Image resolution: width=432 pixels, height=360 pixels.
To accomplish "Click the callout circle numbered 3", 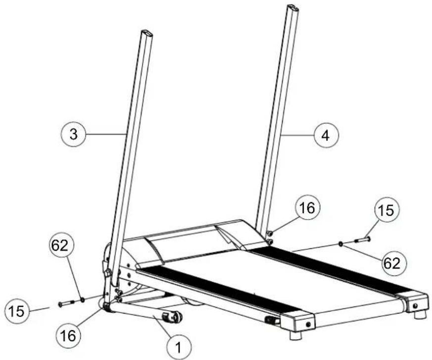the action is [73, 135].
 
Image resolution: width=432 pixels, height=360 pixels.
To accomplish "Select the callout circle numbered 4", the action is [326, 135].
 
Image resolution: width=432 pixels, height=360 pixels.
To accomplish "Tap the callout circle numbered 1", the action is [179, 347].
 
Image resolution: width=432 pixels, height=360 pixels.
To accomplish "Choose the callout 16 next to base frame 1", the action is [68, 335].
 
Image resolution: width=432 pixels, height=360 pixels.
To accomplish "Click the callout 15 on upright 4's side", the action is [386, 211].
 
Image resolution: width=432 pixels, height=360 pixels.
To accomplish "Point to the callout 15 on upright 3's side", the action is [16, 311].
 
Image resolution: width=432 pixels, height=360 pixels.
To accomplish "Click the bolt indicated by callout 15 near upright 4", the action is [362, 240].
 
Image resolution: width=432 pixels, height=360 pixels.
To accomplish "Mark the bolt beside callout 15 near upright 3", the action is [67, 303].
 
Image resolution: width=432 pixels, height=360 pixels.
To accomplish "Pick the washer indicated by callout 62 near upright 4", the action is [341, 244].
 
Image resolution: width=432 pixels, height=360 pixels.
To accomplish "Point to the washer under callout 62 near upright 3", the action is [82, 300].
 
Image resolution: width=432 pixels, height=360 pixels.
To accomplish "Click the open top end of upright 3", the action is [147, 33].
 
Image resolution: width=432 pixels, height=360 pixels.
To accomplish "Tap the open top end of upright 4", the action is [293, 8].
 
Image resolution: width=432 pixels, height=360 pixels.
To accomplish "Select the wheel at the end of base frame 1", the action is [173, 317].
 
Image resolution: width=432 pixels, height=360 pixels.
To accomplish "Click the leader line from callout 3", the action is [106, 134].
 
